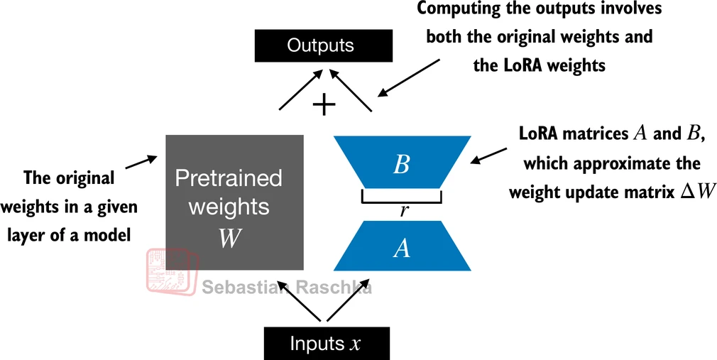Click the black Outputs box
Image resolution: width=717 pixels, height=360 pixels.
point(320,46)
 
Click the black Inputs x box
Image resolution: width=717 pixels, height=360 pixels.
point(326,344)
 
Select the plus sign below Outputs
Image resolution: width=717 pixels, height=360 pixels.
point(324,105)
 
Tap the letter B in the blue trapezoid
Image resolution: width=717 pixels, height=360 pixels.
point(401,165)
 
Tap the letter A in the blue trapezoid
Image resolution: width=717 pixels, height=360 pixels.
point(402,248)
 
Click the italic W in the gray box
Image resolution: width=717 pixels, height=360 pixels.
point(229,239)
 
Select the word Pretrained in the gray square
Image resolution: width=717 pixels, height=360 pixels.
point(229,178)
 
